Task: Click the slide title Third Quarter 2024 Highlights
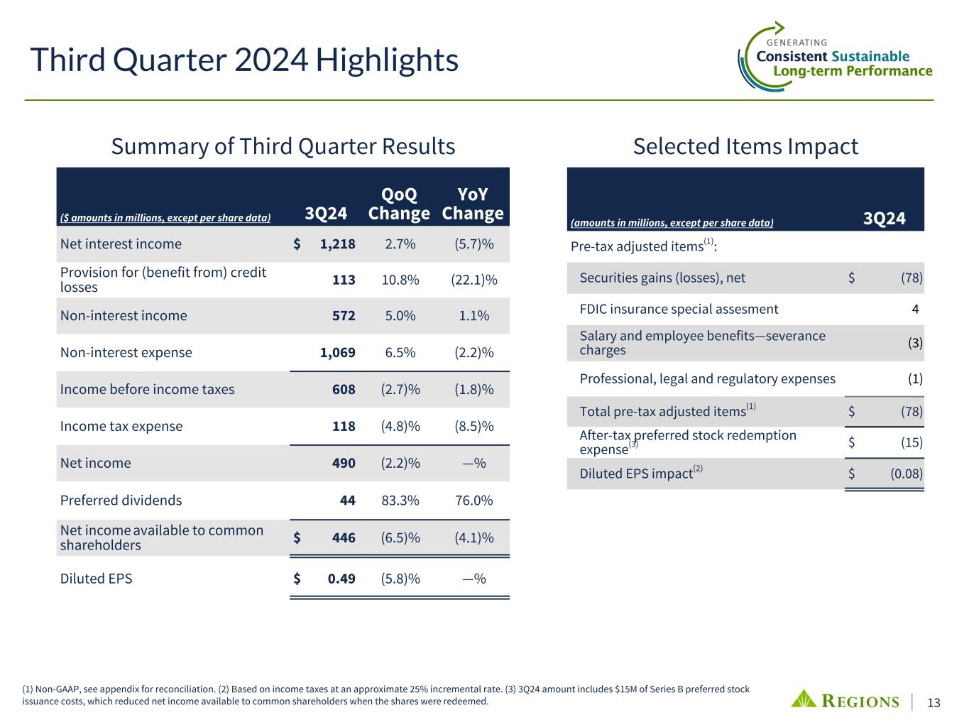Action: pyautogui.click(x=243, y=61)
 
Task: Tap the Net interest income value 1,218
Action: pyautogui.click(x=337, y=244)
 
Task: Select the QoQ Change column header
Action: pyautogui.click(x=399, y=204)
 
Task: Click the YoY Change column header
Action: pyautogui.click(x=472, y=204)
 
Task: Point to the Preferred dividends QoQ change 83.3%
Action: pyautogui.click(x=400, y=501)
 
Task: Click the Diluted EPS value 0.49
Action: pyautogui.click(x=341, y=579)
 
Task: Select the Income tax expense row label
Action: pyautogui.click(x=121, y=427)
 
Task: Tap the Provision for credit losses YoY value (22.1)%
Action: pyautogui.click(x=473, y=280)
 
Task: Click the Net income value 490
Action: pyautogui.click(x=344, y=464)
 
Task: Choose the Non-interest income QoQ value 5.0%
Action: pyautogui.click(x=400, y=316)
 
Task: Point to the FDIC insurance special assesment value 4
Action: pyautogui.click(x=915, y=310)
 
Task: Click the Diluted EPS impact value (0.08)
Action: pyautogui.click(x=906, y=474)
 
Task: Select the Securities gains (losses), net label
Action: pyautogui.click(x=662, y=278)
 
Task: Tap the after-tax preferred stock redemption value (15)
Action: pyautogui.click(x=911, y=443)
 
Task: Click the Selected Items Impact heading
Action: pyautogui.click(x=745, y=146)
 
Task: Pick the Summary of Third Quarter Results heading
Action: pyautogui.click(x=283, y=146)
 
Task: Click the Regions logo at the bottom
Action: pyautogui.click(x=845, y=701)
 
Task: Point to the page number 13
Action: pyautogui.click(x=934, y=703)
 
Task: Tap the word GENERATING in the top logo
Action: pyautogui.click(x=797, y=43)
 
